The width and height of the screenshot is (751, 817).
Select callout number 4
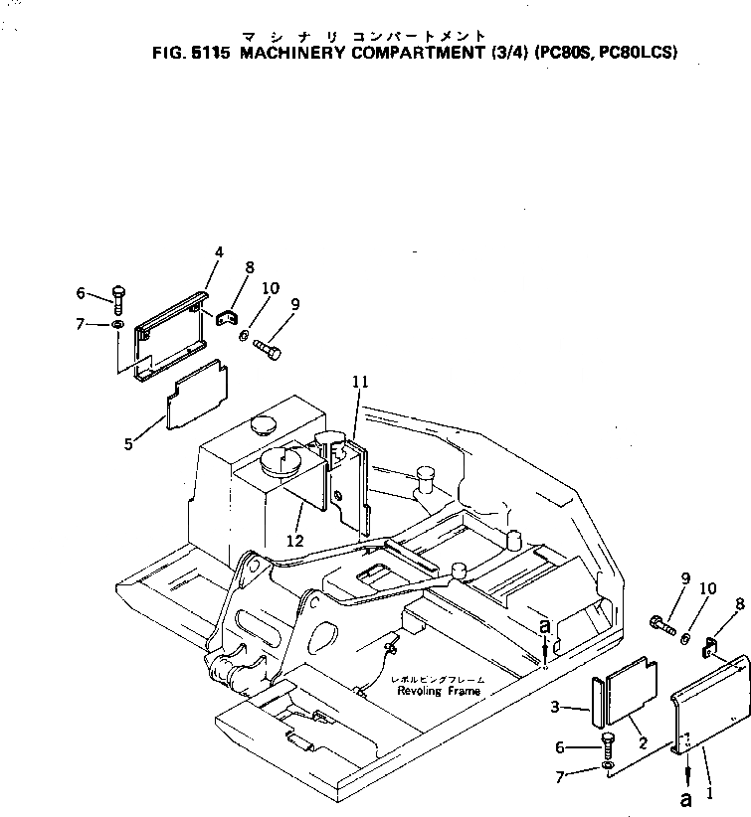(219, 252)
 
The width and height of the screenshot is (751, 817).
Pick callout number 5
(128, 444)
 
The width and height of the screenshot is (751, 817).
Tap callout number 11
(359, 382)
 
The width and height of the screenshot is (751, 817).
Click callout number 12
(293, 540)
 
